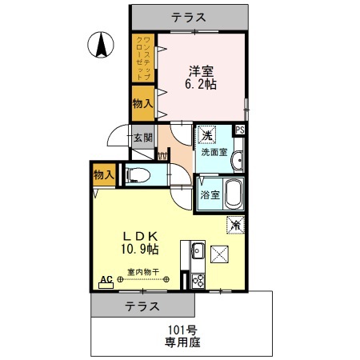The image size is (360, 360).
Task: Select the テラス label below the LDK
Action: (x=142, y=306)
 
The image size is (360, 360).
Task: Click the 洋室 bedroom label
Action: (x=200, y=69)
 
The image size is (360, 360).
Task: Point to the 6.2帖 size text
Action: (x=200, y=83)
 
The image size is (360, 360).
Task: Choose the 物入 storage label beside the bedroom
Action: (x=142, y=102)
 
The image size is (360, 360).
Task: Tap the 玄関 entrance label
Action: (x=142, y=137)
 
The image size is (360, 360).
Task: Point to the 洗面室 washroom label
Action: (x=214, y=152)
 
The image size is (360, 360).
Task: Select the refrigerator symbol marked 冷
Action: (x=235, y=226)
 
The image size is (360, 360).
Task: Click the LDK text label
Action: (x=143, y=236)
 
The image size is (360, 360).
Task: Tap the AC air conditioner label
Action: (x=104, y=281)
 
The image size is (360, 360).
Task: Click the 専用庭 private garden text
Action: (x=182, y=342)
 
